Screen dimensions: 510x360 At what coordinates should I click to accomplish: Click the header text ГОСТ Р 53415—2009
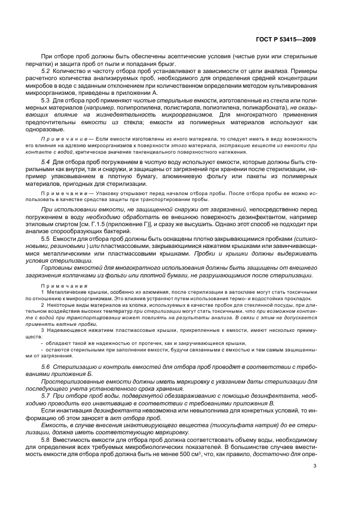(x=285, y=39)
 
